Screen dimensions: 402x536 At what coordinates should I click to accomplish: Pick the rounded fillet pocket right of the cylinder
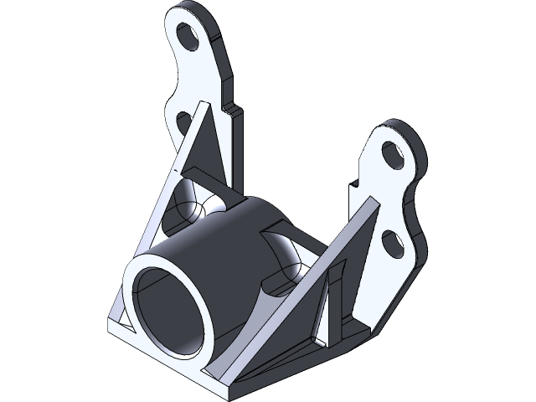[289, 260]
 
